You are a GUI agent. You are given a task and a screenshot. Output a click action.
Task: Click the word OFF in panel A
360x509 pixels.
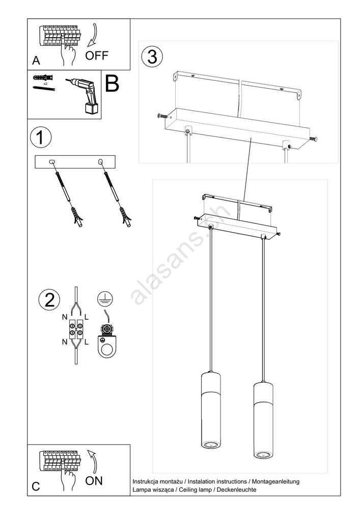pyautogui.click(x=96, y=55)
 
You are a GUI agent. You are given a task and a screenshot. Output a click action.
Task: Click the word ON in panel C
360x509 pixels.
pyautogui.click(x=94, y=481)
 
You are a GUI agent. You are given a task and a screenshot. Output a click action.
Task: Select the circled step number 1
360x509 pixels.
pyautogui.click(x=41, y=137)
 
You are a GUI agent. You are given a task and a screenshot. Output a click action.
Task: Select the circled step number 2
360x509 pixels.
pyautogui.click(x=49, y=300)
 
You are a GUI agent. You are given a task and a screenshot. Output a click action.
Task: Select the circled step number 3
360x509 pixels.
pyautogui.click(x=152, y=56)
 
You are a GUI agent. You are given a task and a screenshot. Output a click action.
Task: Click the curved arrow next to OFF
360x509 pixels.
pyautogui.click(x=93, y=35)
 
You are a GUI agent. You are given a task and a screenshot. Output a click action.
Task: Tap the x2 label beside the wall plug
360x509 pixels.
pyautogui.click(x=45, y=84)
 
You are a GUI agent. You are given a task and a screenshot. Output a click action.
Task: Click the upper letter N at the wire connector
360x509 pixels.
pyautogui.click(x=65, y=317)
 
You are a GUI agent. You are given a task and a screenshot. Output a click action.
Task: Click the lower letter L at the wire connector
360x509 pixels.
pyautogui.click(x=87, y=342)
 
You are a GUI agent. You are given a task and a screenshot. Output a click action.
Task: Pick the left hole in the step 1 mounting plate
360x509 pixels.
pyautogui.click(x=51, y=162)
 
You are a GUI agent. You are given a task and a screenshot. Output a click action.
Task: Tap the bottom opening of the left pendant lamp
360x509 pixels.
pyautogui.click(x=211, y=444)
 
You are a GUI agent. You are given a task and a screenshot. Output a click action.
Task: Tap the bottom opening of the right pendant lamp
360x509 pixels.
pyautogui.click(x=263, y=454)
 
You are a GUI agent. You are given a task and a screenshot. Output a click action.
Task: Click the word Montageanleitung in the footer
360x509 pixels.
pyautogui.click(x=275, y=482)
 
